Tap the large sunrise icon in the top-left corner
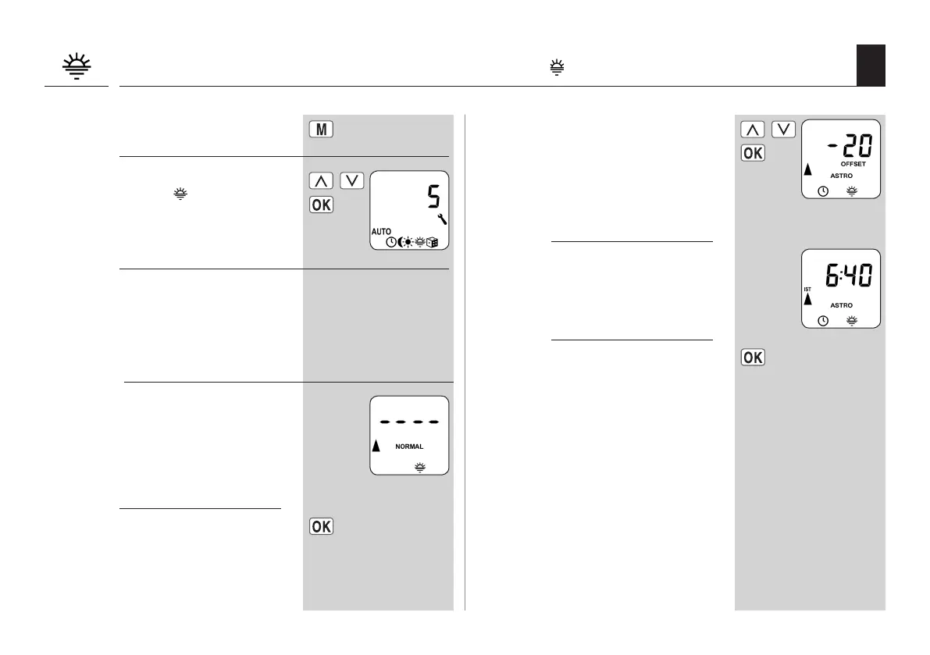coord(76,66)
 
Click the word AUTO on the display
coord(381,232)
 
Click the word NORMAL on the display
coord(409,447)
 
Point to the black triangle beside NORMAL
coord(376,446)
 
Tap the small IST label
coord(807,290)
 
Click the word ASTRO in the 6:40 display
coord(841,305)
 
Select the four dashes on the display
coord(409,422)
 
